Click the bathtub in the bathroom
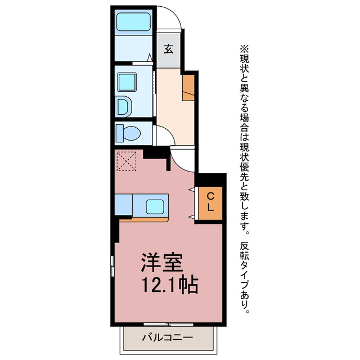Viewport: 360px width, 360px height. [x=133, y=22]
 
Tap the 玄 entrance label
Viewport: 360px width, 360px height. [x=168, y=48]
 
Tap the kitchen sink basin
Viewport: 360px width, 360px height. [x=154, y=206]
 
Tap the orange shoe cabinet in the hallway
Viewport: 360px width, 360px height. [x=188, y=87]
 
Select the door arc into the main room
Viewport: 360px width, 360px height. [x=181, y=160]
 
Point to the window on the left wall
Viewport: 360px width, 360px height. [x=112, y=265]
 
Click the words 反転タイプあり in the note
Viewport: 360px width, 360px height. [x=244, y=276]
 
